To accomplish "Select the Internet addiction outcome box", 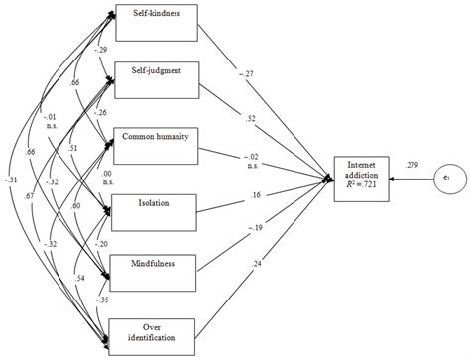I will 360,176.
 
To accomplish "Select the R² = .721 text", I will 360,185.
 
